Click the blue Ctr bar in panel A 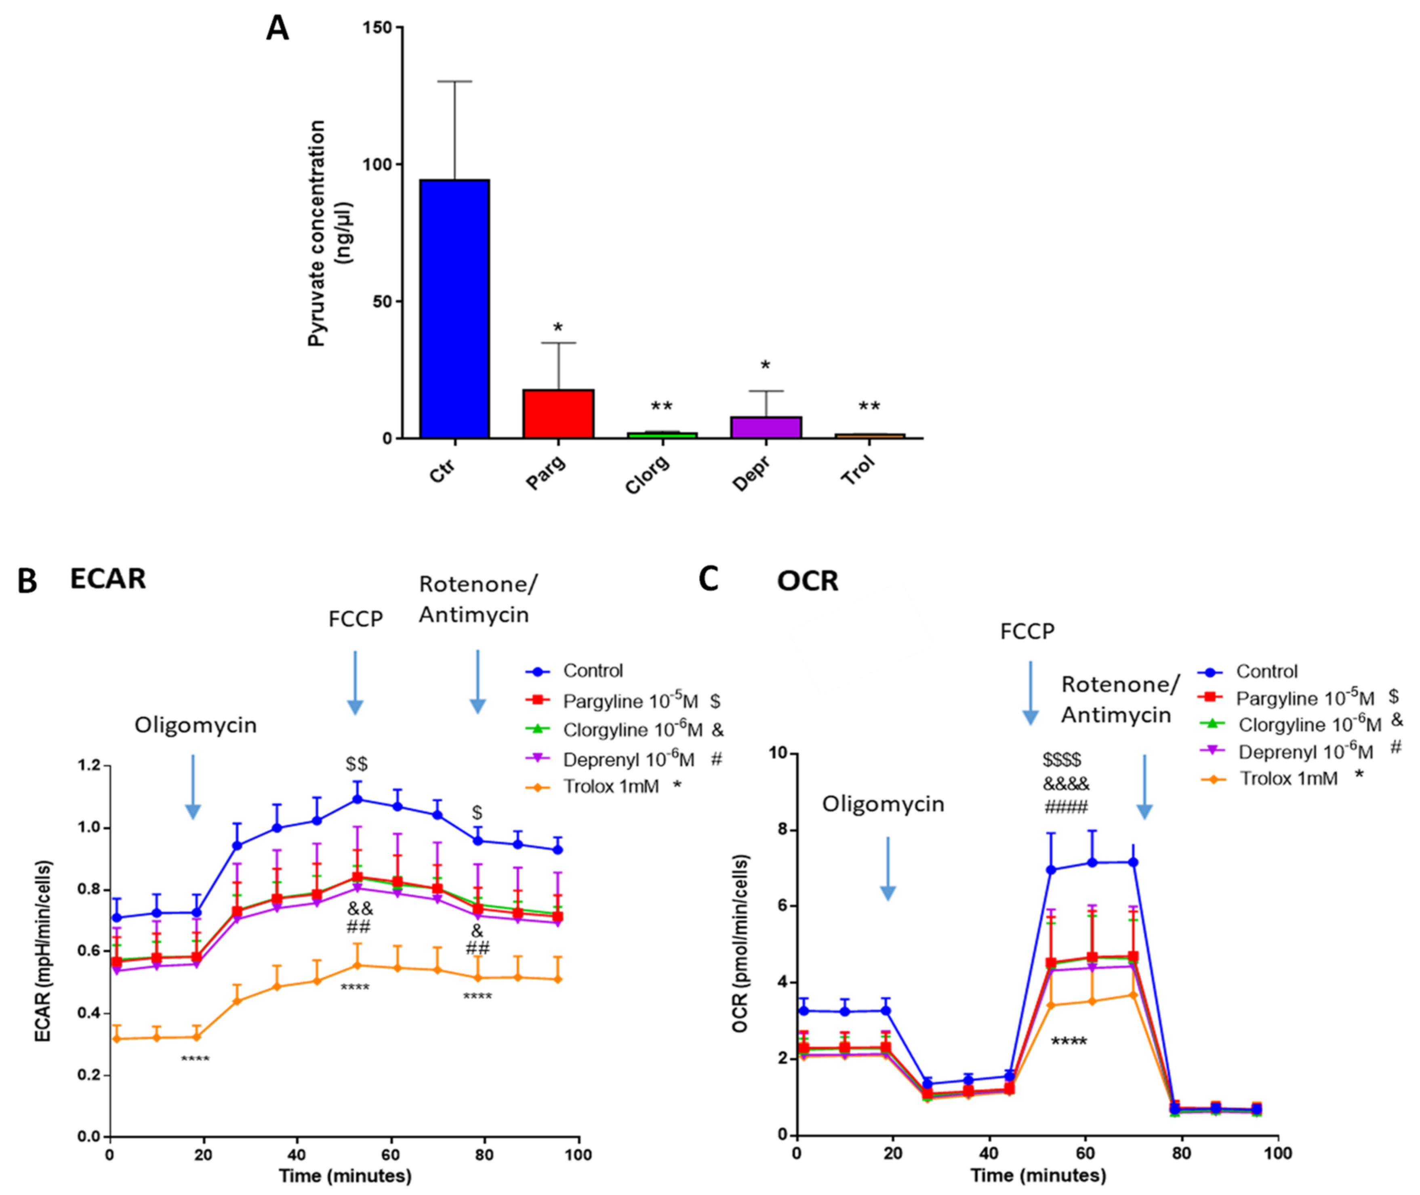tap(454, 309)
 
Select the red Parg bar tap(558, 414)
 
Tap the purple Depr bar tap(766, 427)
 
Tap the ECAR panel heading tap(108, 579)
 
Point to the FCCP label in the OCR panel tap(1027, 631)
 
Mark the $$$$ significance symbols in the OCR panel tap(1062, 759)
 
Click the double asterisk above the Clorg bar tap(661, 407)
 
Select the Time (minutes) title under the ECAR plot tap(345, 1175)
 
